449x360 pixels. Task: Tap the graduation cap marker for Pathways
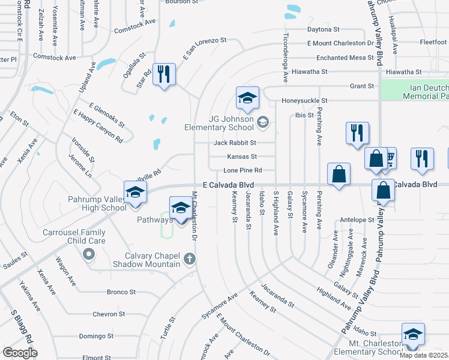[181, 208]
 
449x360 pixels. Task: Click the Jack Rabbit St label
[235, 143]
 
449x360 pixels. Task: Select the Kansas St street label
[242, 157]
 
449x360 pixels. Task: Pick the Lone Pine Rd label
[243, 170]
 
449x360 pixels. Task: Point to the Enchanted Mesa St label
[340, 58]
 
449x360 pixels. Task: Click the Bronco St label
[121, 292]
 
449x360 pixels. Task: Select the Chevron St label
[109, 314]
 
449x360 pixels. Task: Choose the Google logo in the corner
[20, 353]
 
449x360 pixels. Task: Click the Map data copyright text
[424, 355]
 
